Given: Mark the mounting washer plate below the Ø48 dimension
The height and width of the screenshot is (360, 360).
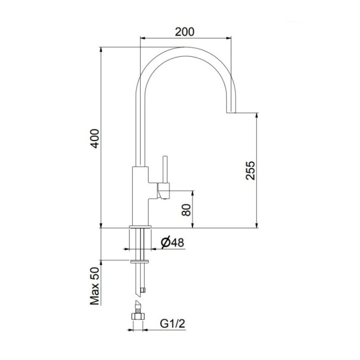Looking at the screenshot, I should coord(140,262).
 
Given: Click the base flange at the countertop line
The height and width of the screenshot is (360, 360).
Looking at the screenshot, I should coord(140,229).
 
